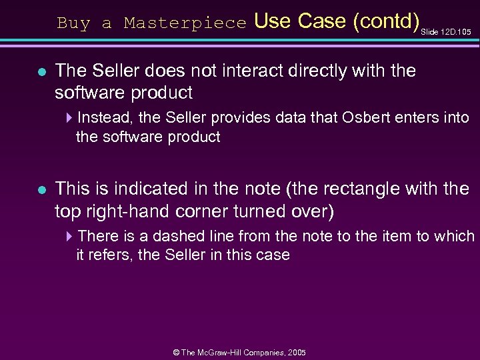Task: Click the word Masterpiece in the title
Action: click(185, 23)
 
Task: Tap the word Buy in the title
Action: click(73, 23)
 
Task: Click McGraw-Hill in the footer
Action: click(226, 352)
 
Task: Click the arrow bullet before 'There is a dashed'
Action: click(71, 237)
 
